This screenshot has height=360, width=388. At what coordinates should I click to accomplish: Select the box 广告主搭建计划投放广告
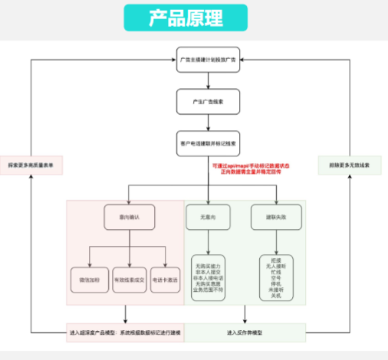point(208,59)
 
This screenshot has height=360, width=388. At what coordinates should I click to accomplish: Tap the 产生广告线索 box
point(208,100)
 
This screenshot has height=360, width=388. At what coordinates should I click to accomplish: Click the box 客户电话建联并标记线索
point(208,142)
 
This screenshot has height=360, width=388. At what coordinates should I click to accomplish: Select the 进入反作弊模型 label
point(245,333)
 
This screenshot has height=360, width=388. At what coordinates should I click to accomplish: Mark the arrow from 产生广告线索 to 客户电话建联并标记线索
point(208,122)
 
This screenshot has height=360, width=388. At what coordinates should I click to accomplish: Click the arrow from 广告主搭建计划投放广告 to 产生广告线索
point(208,80)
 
